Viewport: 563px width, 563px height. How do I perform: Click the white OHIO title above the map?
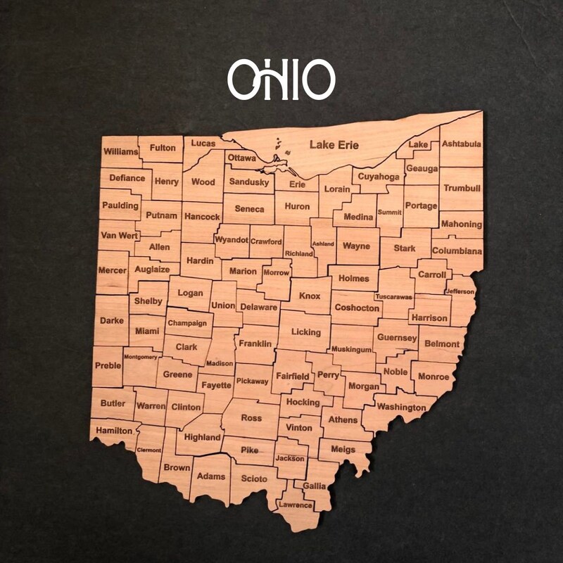(281, 78)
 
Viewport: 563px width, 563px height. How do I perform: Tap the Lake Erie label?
(334, 145)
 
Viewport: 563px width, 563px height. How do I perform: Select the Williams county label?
(120, 151)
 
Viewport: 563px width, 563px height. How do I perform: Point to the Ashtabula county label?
(462, 144)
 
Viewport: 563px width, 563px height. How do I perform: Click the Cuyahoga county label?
(379, 177)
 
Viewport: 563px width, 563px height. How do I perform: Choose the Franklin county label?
(255, 343)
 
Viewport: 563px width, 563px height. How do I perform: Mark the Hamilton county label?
(113, 430)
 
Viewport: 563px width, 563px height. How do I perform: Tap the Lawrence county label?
(295, 505)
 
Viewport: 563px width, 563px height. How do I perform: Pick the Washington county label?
(401, 407)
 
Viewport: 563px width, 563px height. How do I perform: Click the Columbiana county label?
(457, 251)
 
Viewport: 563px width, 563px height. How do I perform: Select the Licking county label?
(305, 332)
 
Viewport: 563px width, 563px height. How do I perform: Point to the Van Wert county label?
(119, 235)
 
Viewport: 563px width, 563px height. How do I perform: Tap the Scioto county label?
(254, 479)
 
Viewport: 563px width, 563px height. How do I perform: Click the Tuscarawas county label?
(393, 297)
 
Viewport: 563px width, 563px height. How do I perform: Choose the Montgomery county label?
(140, 357)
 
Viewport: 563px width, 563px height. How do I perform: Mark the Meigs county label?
(343, 449)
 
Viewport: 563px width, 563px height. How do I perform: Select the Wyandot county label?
(232, 240)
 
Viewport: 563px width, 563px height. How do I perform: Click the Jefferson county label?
(460, 291)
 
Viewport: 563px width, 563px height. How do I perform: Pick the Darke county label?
(111, 320)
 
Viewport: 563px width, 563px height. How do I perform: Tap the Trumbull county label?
(462, 189)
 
